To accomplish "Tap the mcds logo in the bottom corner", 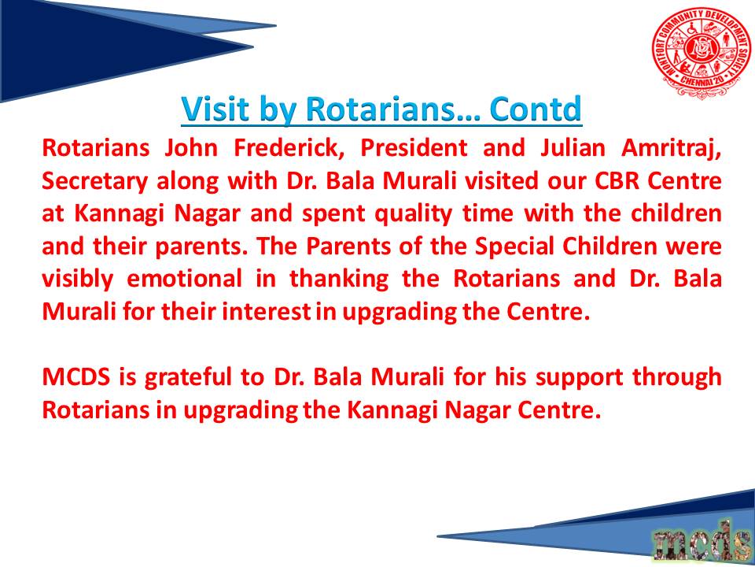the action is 700,542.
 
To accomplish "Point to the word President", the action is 414,147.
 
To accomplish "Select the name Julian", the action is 573,147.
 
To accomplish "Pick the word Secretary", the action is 95,182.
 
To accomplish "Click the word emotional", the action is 184,279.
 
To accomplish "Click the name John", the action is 191,147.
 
